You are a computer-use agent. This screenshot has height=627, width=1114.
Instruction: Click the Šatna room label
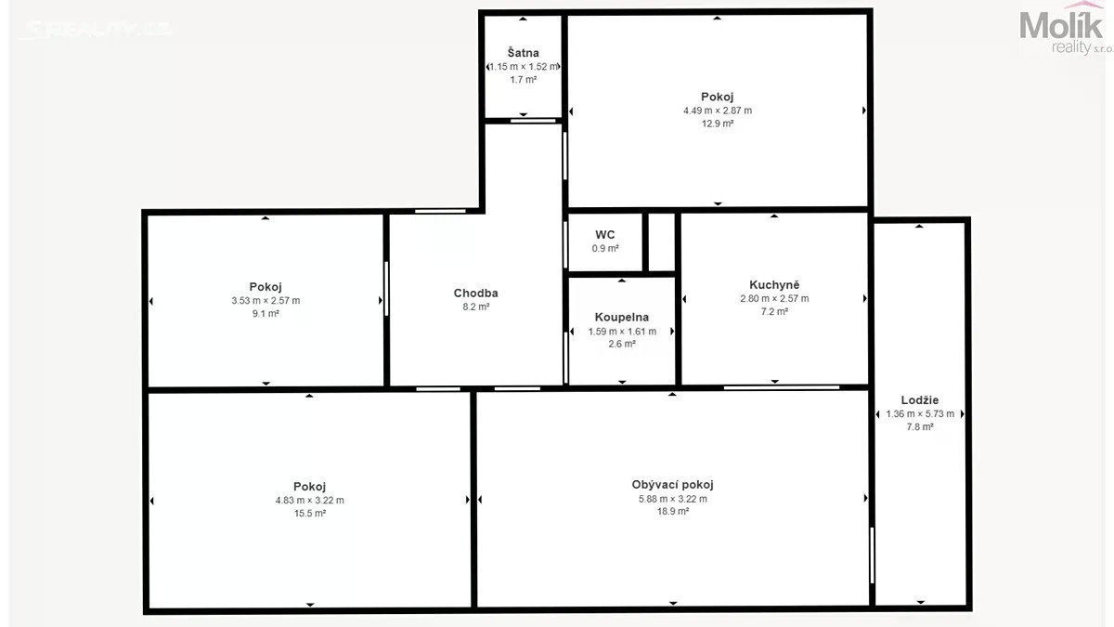(x=523, y=52)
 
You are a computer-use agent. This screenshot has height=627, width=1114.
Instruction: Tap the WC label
(x=604, y=234)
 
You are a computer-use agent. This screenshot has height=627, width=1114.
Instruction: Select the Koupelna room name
(x=622, y=317)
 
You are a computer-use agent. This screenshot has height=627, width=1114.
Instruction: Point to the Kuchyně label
(x=774, y=284)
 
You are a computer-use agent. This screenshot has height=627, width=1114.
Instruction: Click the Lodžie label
(x=920, y=399)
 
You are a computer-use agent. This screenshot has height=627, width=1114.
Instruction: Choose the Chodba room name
(x=475, y=294)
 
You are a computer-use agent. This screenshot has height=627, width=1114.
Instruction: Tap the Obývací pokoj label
(x=672, y=485)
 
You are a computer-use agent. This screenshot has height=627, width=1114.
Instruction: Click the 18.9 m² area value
(x=673, y=511)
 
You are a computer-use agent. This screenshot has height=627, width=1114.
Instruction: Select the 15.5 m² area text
(x=310, y=513)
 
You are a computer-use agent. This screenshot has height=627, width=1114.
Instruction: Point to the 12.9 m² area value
(x=718, y=124)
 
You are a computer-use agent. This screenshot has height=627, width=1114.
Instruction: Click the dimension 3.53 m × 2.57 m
(x=266, y=301)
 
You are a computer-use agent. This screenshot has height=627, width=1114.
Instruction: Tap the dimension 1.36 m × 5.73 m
(x=920, y=414)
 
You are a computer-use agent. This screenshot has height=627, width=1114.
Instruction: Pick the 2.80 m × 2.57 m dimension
(x=774, y=298)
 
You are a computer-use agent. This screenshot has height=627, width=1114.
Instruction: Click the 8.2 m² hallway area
(x=476, y=307)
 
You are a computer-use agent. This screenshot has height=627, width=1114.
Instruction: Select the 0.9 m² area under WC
(x=605, y=248)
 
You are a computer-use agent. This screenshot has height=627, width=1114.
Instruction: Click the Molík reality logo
(x=1065, y=29)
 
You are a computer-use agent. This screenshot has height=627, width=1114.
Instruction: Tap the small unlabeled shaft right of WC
(x=661, y=242)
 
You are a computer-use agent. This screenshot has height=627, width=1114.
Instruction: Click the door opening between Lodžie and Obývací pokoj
(x=872, y=555)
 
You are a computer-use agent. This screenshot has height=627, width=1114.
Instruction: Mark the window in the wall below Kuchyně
(x=782, y=387)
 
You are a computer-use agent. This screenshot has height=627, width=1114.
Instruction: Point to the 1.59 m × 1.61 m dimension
(x=622, y=332)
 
